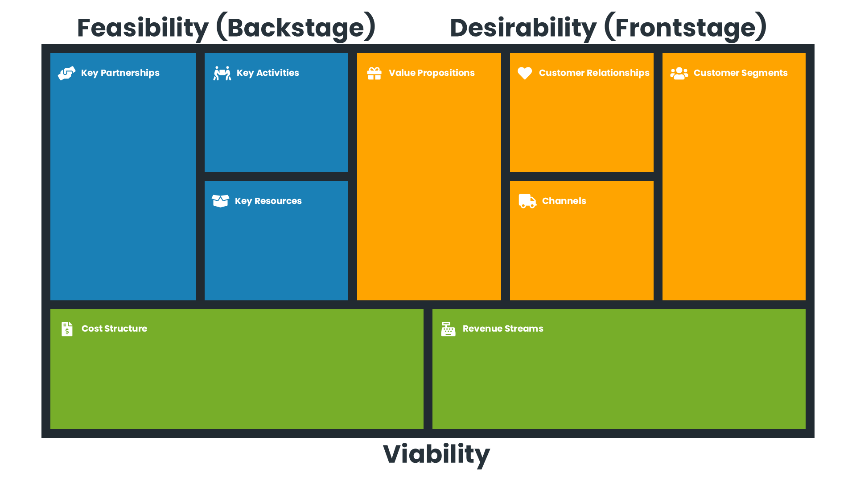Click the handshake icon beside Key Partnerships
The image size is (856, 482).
67,73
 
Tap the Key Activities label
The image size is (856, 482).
267,73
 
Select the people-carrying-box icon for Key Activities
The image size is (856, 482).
222,73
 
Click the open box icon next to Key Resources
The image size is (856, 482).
220,201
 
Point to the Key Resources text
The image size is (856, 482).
268,201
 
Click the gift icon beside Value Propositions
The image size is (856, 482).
374,73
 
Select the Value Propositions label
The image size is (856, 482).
431,73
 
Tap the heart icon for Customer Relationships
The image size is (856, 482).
525,73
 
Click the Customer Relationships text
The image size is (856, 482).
593,73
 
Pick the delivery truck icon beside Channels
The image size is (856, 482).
527,201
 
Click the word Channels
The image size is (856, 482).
564,201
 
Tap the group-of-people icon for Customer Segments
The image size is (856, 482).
679,73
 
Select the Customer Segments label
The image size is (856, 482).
740,73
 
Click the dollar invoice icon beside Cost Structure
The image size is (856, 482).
67,329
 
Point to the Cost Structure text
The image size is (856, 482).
114,328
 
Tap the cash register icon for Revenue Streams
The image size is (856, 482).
448,329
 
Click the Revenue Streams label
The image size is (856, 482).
502,328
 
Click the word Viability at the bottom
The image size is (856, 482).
436,454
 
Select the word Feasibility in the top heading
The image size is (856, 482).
143,28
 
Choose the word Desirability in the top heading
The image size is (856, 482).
523,28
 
